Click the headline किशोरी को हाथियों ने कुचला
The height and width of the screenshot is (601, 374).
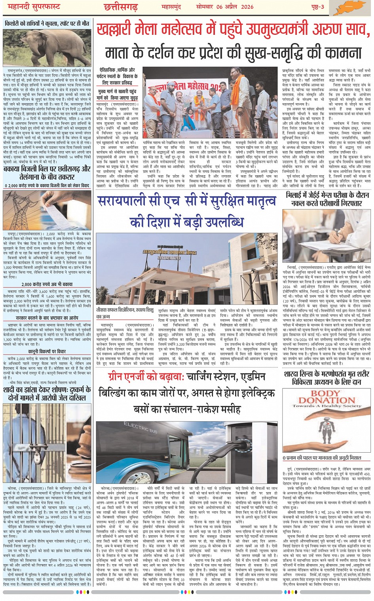tap(47, 23)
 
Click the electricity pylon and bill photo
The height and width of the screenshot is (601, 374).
tap(47, 210)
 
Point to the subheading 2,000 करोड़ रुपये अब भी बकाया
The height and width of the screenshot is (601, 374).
tap(47, 284)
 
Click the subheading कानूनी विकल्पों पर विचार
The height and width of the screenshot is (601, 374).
tap(47, 351)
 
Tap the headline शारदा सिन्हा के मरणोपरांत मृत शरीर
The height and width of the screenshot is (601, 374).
tap(327, 373)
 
